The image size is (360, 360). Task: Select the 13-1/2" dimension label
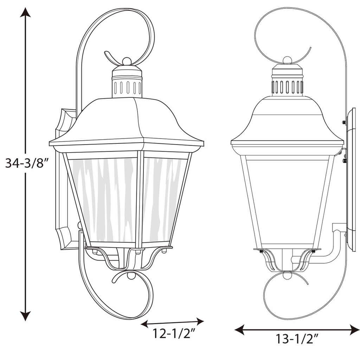[297, 339]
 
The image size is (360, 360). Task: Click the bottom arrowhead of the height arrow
[25, 316]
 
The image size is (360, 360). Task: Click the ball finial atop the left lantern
[127, 61]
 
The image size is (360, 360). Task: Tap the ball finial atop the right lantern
[287, 60]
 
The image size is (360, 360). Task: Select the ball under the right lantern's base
[287, 276]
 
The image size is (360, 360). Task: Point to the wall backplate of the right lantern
[351, 179]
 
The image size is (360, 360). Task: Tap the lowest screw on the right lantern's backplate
[345, 161]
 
